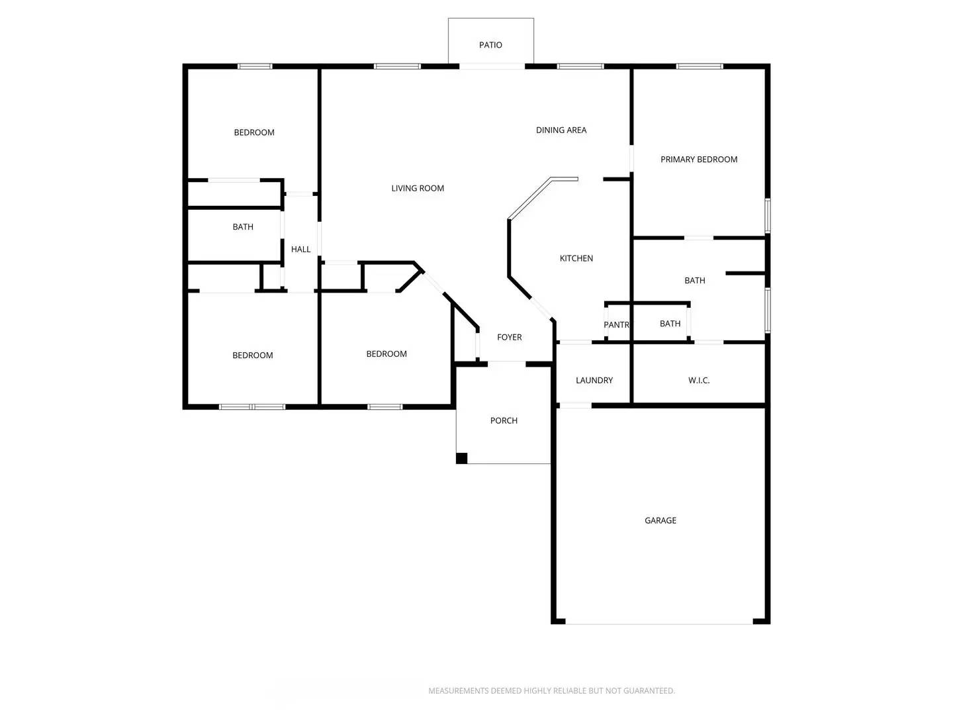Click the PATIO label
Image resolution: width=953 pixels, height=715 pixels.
pos(490,45)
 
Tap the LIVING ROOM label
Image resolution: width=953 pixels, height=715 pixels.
pos(418,189)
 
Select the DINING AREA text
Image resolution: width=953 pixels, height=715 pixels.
pos(561,130)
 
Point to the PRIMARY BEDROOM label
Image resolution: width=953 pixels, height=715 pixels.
pos(699,160)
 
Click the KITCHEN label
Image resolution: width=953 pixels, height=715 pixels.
pos(576,259)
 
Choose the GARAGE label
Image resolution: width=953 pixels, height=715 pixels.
pos(660,521)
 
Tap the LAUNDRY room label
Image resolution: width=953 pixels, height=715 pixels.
pos(594,381)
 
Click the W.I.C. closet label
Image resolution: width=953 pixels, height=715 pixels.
pos(699,381)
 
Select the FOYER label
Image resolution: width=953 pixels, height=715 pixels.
pos(510,338)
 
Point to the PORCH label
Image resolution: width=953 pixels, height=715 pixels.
pos(504,421)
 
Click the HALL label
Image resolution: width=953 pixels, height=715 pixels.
pos(300,250)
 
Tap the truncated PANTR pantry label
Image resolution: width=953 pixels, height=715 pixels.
pos(616,325)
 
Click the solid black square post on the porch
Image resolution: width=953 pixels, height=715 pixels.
pos(462,458)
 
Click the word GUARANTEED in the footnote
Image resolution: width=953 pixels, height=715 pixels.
pos(650,691)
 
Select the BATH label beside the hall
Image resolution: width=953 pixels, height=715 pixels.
pos(243,227)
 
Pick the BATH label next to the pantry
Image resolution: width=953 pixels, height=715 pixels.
pos(670,324)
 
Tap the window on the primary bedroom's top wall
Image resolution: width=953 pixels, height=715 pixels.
pos(700,66)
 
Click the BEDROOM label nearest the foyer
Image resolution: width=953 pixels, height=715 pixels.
pos(386,354)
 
